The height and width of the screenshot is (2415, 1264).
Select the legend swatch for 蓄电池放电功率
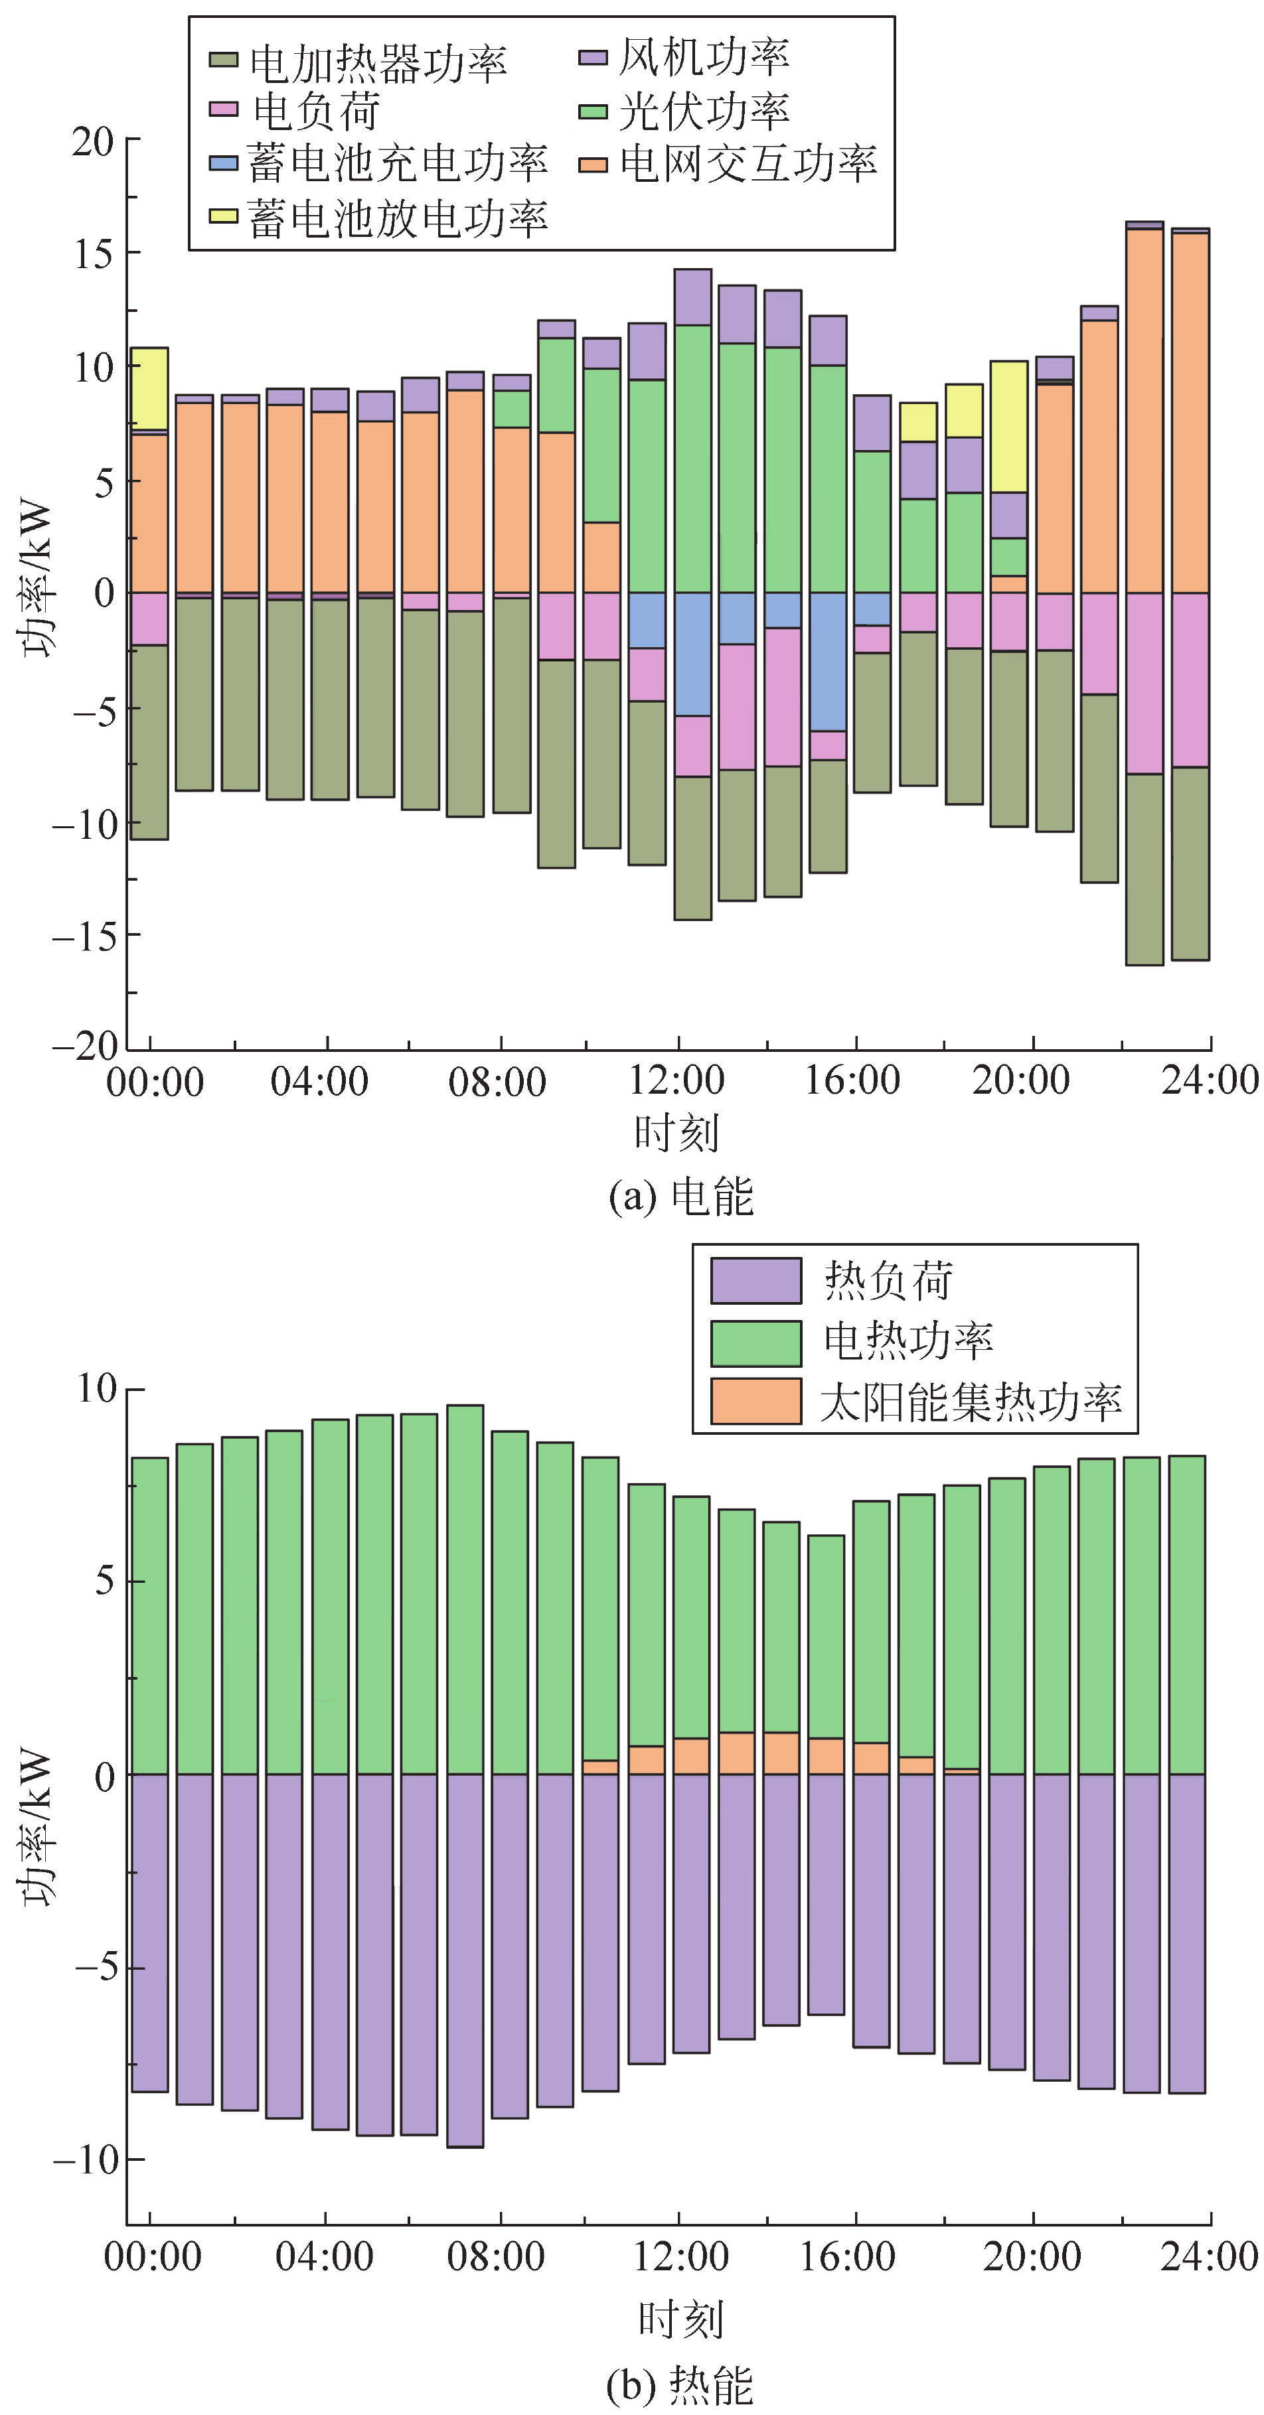(x=223, y=216)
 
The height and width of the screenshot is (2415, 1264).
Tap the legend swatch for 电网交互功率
(x=593, y=165)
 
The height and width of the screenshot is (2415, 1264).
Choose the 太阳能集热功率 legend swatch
(x=755, y=1401)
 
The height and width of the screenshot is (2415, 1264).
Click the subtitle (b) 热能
(x=679, y=2382)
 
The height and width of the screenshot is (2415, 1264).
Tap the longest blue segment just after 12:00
(x=692, y=654)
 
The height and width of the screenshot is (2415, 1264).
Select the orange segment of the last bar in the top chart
(x=1190, y=413)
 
